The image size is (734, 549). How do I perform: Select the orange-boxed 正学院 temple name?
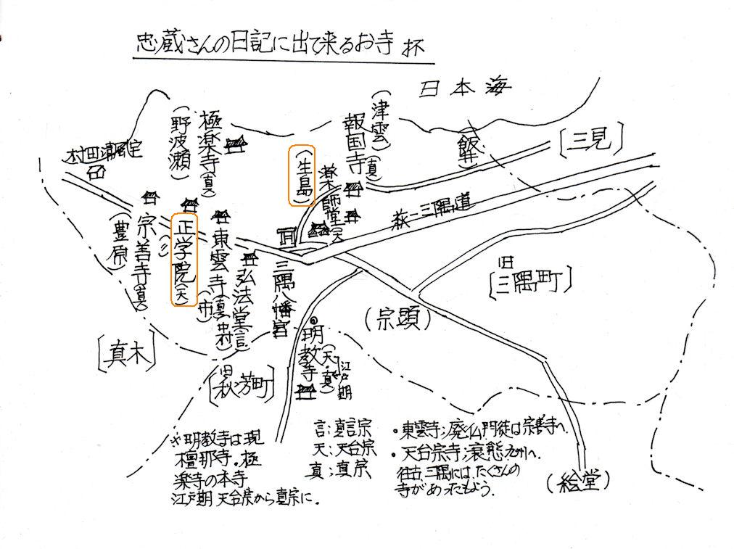(183, 260)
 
